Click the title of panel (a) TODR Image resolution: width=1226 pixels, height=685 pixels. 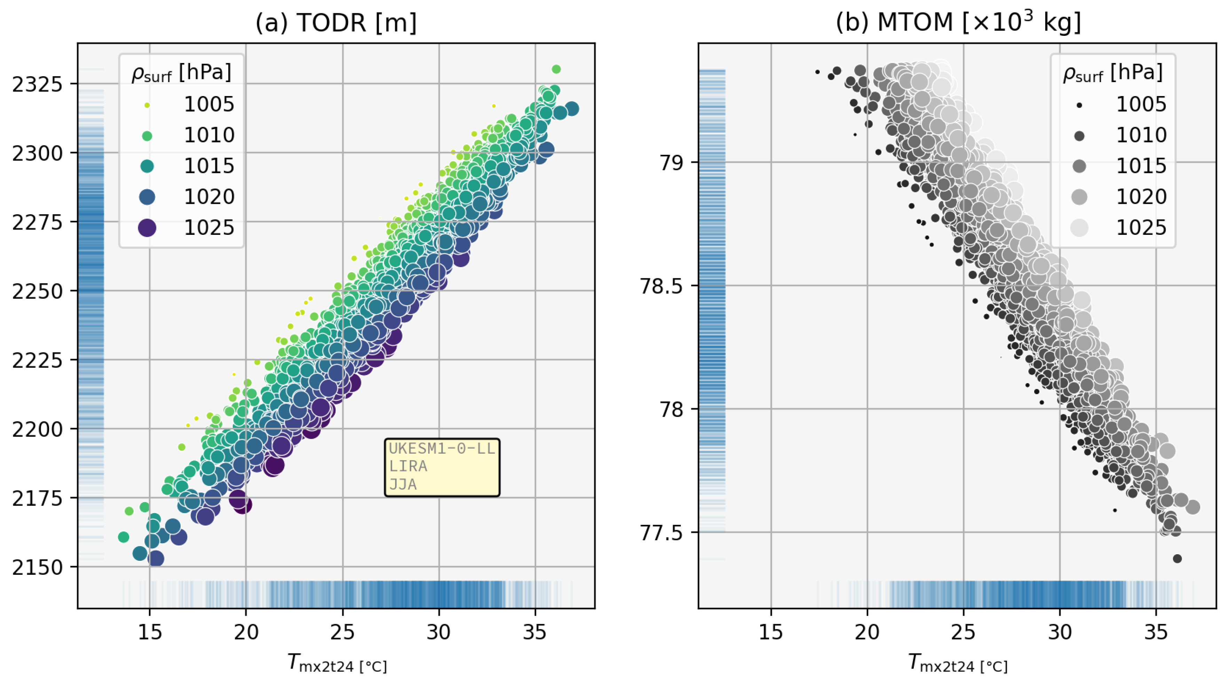336,22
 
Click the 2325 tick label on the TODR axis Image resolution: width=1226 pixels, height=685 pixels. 38,84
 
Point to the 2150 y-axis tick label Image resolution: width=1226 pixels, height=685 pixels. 38,567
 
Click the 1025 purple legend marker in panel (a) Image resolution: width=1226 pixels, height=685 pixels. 147,228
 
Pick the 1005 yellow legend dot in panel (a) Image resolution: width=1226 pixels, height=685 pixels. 147,105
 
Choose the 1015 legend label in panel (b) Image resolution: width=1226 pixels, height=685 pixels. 1141,166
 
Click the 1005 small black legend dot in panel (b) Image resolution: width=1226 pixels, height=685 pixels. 1079,105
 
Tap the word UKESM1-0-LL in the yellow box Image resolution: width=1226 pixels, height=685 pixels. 442,448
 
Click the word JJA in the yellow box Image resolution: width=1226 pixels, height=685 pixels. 403,485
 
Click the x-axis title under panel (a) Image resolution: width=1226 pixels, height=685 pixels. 337,663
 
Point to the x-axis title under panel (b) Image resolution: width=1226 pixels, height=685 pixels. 957,663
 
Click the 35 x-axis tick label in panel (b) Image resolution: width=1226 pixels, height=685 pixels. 1156,632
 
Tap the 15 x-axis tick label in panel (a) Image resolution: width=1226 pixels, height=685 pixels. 150,632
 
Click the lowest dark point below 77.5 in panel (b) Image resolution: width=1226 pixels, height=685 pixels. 1177,558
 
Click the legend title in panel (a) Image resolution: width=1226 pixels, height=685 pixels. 181,73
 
